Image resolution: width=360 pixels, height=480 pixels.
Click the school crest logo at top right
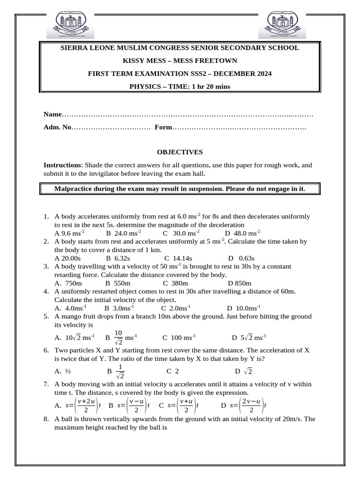click(282, 24)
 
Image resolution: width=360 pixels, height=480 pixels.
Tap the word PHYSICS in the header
click(144, 86)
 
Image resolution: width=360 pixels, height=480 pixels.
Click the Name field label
click(52, 114)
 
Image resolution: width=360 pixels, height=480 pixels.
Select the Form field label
click(163, 127)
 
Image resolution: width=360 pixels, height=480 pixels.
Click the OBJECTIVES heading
click(180, 152)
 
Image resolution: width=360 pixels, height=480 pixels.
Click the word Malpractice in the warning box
click(75, 189)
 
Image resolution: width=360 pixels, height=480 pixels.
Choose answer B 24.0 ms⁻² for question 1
click(124, 233)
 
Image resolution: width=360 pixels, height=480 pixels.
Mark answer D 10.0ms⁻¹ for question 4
click(244, 308)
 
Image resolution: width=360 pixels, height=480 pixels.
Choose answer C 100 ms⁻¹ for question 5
click(179, 337)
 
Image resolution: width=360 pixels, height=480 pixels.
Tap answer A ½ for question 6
click(63, 371)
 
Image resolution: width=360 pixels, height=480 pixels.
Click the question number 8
click(46, 419)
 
